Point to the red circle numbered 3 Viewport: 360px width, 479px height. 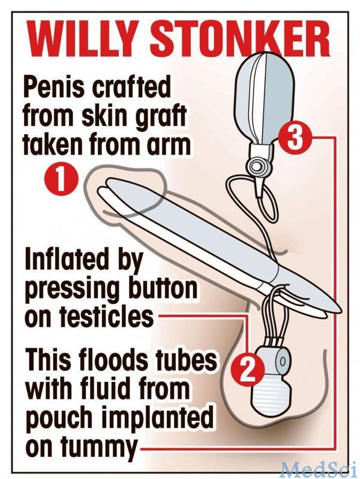[x=295, y=139]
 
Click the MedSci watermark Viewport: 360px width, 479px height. [x=319, y=468]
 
